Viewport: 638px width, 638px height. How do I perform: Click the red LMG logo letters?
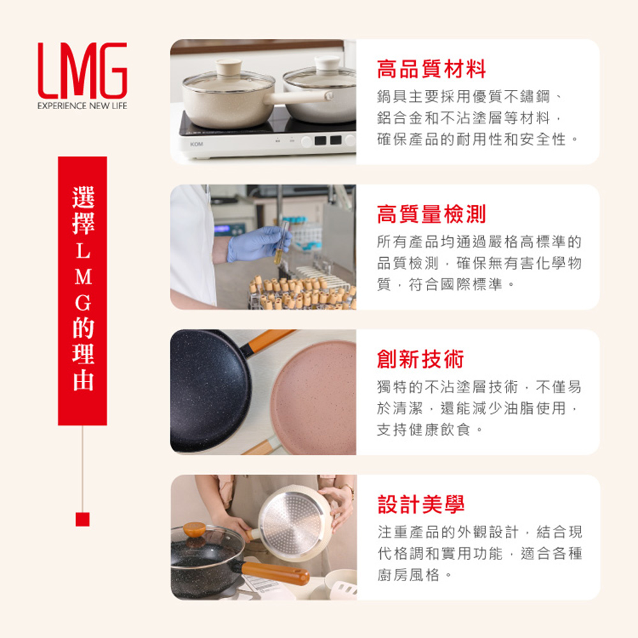click(82, 70)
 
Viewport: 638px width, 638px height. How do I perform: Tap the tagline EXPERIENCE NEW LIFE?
click(82, 106)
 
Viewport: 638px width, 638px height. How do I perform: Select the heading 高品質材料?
click(431, 69)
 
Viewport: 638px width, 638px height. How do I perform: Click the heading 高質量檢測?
click(431, 214)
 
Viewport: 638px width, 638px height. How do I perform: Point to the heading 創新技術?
click(420, 359)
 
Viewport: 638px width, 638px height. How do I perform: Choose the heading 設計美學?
click(420, 505)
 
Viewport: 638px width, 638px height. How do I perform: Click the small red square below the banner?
click(82, 519)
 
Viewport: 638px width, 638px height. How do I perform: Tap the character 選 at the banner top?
click(82, 196)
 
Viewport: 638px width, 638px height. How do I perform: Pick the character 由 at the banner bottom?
click(82, 382)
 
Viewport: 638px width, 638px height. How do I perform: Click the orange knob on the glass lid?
click(195, 530)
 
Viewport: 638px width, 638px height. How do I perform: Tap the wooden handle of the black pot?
click(274, 572)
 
